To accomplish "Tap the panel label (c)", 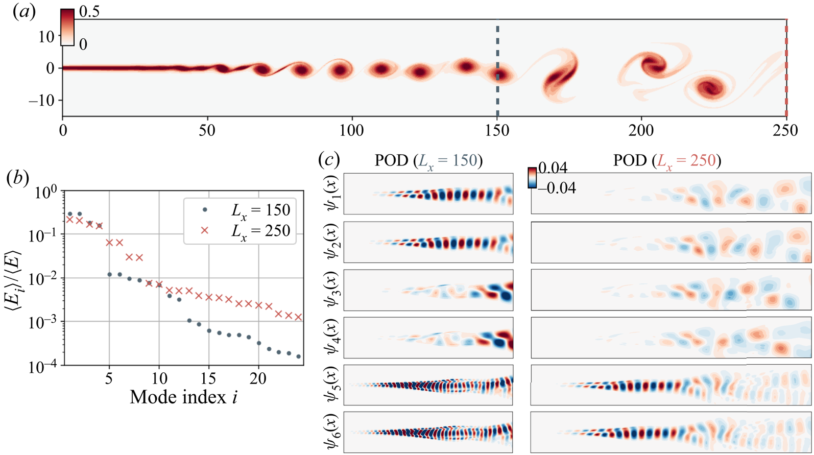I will coord(329,160).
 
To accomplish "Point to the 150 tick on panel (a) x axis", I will coord(497,130).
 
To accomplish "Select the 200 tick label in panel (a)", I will coord(642,130).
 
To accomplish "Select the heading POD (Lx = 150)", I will coord(428,160).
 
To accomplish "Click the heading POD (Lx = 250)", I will coord(667,160).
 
